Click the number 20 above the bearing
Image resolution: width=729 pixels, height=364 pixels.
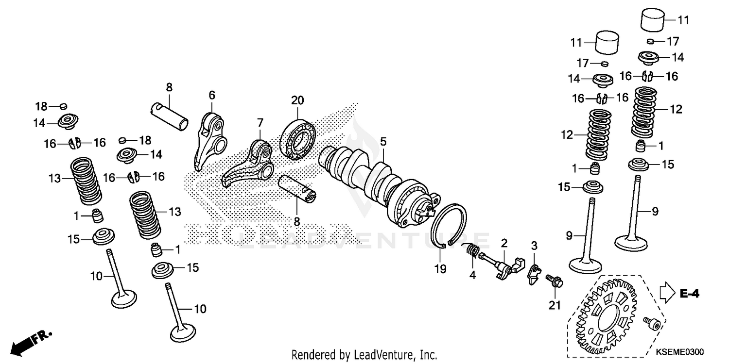297,100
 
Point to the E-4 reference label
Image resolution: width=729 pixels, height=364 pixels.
689,293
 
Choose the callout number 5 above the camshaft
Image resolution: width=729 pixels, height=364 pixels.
383,142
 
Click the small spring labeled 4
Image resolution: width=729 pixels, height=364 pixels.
471,252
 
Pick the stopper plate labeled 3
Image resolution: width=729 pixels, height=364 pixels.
534,275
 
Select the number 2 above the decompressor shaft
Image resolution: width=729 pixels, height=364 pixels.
504,243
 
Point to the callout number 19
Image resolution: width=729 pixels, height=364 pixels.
440,267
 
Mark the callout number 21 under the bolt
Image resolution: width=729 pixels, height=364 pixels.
555,305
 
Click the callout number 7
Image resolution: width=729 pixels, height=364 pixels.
260,121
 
